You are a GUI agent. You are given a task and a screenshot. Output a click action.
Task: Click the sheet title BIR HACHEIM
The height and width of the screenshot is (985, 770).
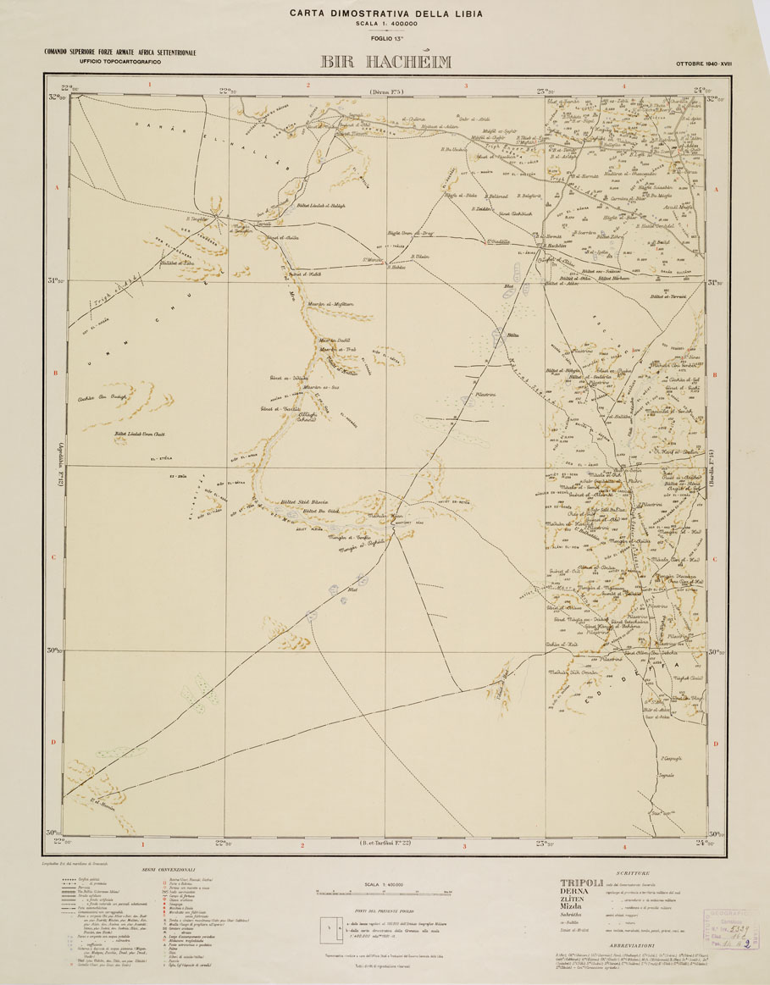coord(385,62)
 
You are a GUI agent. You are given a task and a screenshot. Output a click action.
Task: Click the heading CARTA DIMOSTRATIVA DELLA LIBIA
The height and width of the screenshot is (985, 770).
coord(385,13)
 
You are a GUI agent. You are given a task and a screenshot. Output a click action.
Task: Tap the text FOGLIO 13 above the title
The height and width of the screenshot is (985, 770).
coord(385,39)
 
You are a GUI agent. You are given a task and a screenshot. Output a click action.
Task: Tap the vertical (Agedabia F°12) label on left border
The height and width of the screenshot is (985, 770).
coord(53,466)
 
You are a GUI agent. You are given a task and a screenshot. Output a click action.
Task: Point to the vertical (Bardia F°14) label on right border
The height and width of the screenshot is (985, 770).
coord(717,465)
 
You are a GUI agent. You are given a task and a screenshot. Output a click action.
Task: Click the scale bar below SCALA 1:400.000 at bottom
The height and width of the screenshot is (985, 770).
coord(385,892)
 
